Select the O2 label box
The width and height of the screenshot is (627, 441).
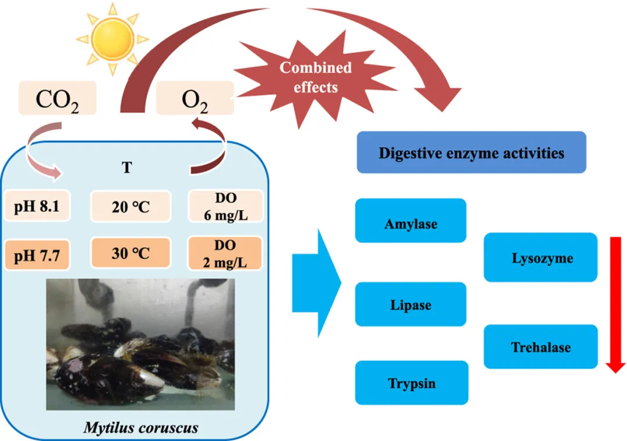[195, 98]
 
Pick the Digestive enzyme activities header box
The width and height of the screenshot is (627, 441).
[471, 153]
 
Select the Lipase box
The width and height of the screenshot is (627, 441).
[410, 304]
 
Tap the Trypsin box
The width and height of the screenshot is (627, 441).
[410, 383]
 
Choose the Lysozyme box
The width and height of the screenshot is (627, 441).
[540, 258]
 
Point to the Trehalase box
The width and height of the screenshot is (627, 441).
[540, 347]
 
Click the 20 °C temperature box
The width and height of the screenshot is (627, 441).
[131, 206]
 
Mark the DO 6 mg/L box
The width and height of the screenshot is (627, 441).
[226, 205]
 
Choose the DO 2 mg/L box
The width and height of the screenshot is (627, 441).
[226, 254]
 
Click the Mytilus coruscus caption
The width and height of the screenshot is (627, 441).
[140, 428]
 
